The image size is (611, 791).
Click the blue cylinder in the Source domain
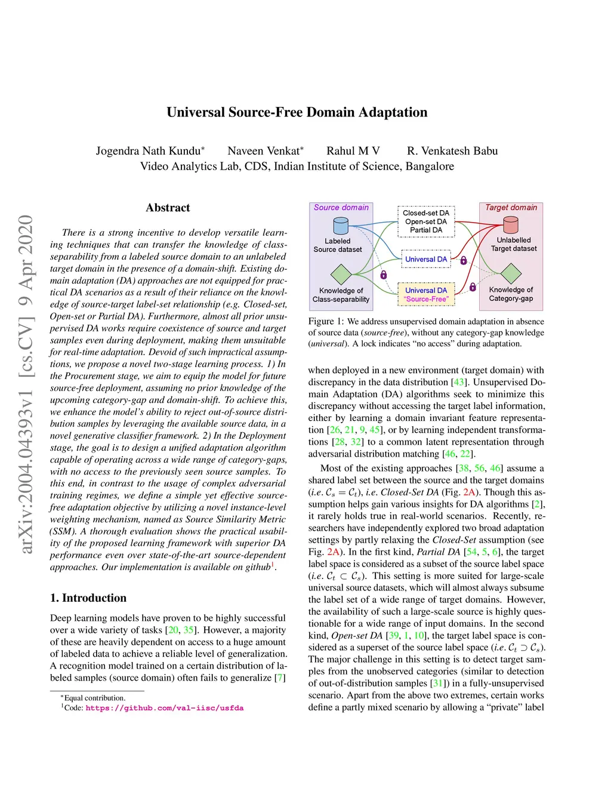(341, 226)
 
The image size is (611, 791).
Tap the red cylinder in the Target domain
(511, 225)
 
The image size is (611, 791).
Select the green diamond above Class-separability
(341, 274)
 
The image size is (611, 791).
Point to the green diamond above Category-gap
(511, 273)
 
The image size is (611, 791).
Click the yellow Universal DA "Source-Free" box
(426, 294)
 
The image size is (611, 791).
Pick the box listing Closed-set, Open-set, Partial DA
(426, 221)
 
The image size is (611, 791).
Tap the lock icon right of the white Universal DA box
(464, 260)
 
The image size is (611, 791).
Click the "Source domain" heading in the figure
(341, 208)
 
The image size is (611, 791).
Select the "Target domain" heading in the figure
(511, 208)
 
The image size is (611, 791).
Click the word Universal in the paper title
(195, 112)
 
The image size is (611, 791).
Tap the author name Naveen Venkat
(264, 151)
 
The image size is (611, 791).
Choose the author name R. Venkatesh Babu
(452, 151)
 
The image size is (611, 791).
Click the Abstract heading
(168, 208)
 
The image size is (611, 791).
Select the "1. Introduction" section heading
(88, 598)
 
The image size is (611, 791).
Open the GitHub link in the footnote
(164, 708)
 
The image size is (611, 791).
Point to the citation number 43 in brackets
(458, 382)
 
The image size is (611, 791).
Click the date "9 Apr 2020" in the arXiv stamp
(26, 261)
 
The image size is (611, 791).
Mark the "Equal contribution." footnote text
(94, 698)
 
